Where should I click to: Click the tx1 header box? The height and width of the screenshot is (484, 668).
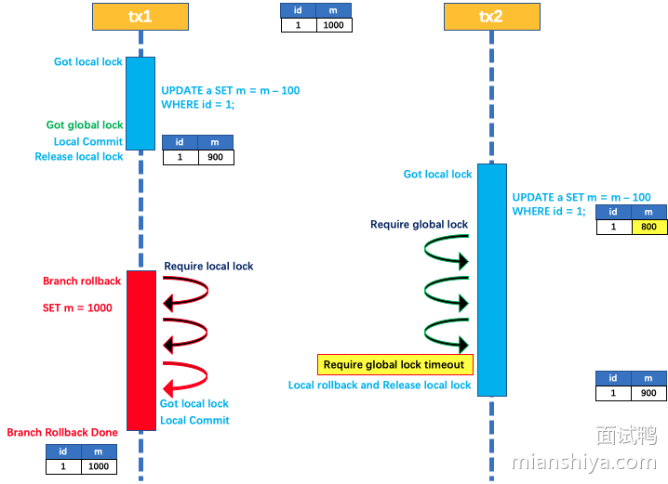point(140,16)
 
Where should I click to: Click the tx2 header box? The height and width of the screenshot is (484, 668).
point(490,16)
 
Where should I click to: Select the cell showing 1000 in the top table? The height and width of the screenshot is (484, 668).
point(334,26)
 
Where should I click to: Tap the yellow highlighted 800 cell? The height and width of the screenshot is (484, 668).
point(648,227)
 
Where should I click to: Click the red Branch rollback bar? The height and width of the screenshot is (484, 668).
point(141,350)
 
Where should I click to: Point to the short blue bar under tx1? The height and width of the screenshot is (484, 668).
point(140,102)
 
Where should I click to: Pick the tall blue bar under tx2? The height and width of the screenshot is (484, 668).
point(492,280)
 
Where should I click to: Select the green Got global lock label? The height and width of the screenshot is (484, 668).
point(85,124)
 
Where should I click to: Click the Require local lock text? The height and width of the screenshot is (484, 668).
point(208,267)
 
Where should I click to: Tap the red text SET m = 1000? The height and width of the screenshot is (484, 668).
point(77,307)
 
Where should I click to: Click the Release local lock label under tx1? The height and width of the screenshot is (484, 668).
point(79,157)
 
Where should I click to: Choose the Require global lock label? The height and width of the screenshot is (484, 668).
point(419,225)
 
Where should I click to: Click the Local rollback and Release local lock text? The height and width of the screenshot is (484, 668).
point(380,386)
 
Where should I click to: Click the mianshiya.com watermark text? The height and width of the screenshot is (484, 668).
point(582,462)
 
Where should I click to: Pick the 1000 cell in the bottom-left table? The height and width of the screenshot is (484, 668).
point(99,467)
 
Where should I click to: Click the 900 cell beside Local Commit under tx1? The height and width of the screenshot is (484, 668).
point(215,158)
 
